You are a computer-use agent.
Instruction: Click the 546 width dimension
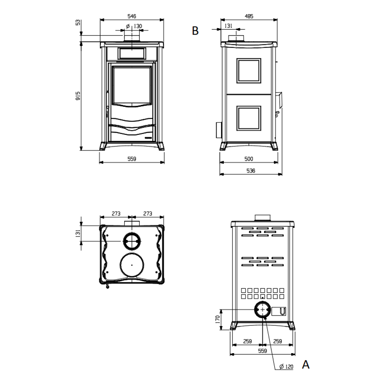132,16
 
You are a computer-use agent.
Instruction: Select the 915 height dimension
78,96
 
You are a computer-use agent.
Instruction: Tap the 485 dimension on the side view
249,16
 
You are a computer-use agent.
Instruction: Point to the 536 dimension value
251,171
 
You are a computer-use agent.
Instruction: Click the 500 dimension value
249,159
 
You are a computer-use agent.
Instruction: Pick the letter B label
195,31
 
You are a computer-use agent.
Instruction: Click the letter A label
306,365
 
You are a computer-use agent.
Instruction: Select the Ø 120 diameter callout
286,367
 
